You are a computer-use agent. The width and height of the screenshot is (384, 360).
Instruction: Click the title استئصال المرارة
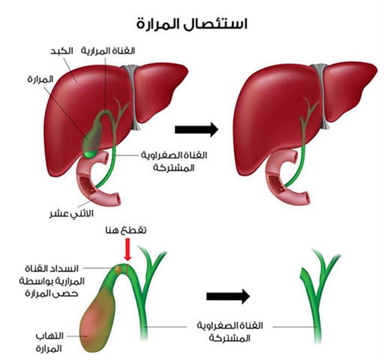(192, 24)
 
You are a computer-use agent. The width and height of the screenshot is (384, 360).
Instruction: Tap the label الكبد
(61, 52)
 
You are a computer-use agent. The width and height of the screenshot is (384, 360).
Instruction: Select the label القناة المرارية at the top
(108, 51)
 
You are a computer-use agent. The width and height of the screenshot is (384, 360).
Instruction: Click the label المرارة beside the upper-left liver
(40, 79)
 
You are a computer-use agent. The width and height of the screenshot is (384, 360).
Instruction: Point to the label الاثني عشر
(71, 214)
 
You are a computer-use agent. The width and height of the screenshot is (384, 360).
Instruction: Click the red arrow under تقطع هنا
(128, 249)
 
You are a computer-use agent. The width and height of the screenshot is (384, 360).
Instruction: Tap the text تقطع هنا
(126, 230)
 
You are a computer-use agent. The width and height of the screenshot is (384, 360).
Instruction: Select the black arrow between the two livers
(196, 129)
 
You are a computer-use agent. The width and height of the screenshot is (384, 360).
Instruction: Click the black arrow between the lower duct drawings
(228, 296)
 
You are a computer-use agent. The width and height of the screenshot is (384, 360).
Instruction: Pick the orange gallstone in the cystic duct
(118, 269)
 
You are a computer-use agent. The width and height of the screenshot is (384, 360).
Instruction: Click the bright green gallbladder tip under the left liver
(90, 154)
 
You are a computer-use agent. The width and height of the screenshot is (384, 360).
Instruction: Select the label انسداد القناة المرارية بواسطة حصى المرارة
(52, 281)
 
